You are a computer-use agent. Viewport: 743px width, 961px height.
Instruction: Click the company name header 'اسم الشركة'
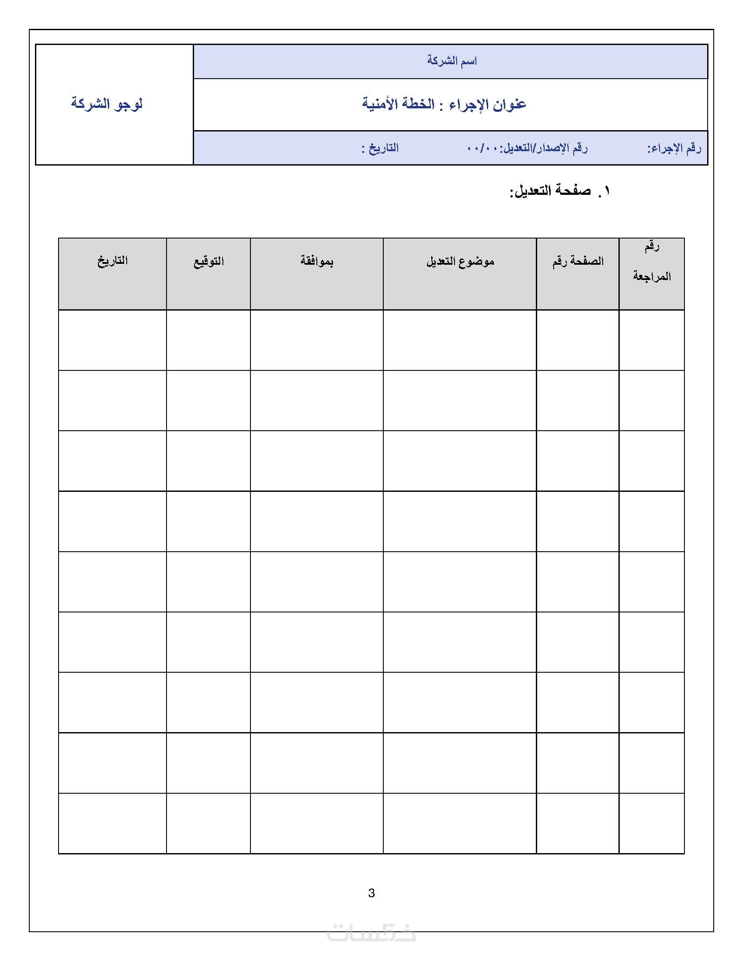pos(451,61)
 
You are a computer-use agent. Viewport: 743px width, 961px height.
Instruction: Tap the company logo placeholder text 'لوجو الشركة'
pos(107,104)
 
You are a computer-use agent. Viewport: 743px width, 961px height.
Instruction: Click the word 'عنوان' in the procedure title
pos(510,104)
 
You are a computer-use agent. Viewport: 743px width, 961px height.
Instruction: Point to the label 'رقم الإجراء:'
pos(674,148)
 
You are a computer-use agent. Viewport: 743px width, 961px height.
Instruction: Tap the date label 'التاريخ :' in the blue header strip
pos(380,148)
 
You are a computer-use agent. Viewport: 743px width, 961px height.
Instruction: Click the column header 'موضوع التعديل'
pos(460,261)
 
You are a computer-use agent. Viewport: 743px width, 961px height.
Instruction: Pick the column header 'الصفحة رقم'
pos(578,261)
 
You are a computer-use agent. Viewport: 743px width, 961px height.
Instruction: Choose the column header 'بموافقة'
pos(317,261)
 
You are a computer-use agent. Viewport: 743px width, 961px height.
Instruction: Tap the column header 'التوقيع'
pos(208,261)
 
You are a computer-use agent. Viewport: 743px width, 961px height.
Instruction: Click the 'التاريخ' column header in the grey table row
pos(113,261)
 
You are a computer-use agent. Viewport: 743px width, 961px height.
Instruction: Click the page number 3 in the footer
pos(371,893)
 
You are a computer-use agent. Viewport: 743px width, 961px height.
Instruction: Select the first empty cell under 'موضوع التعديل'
pos(460,340)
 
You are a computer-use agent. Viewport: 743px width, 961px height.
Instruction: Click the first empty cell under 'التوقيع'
pos(208,340)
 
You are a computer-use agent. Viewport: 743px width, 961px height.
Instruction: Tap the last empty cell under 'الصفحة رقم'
pos(578,823)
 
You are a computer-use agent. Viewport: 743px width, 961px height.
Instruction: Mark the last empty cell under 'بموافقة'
pos(317,823)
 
